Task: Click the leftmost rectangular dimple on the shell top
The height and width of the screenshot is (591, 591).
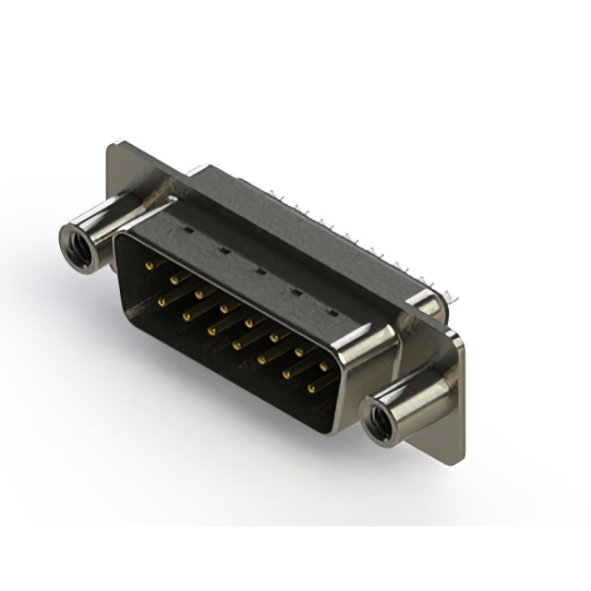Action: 187,226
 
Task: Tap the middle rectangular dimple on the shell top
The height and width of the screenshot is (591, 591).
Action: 260,271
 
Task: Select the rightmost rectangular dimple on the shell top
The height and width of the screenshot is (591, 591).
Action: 331,313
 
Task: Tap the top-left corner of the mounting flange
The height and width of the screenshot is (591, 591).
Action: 115,145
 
